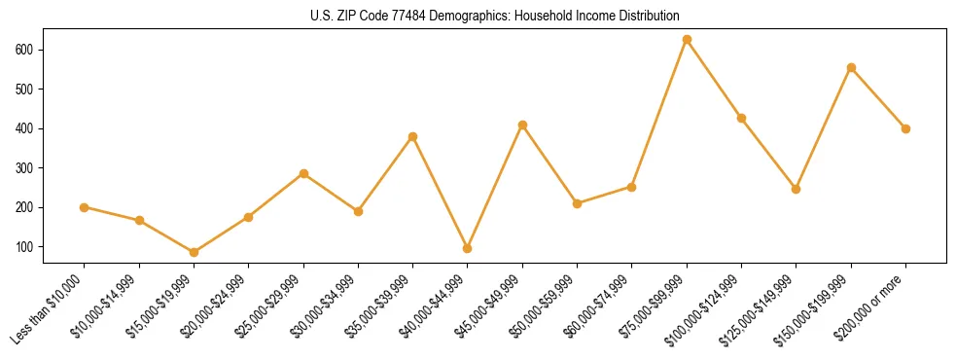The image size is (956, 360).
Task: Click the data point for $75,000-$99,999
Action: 687,40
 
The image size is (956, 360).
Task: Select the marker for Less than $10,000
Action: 85,207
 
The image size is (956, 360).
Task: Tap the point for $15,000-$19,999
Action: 195,252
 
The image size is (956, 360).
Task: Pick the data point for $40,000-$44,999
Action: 468,248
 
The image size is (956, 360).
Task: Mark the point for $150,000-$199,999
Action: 851,68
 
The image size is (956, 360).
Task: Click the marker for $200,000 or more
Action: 905,128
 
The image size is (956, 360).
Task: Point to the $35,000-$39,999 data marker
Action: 413,136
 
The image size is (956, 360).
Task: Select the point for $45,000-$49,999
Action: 522,125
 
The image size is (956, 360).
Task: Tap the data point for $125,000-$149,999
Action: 797,189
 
